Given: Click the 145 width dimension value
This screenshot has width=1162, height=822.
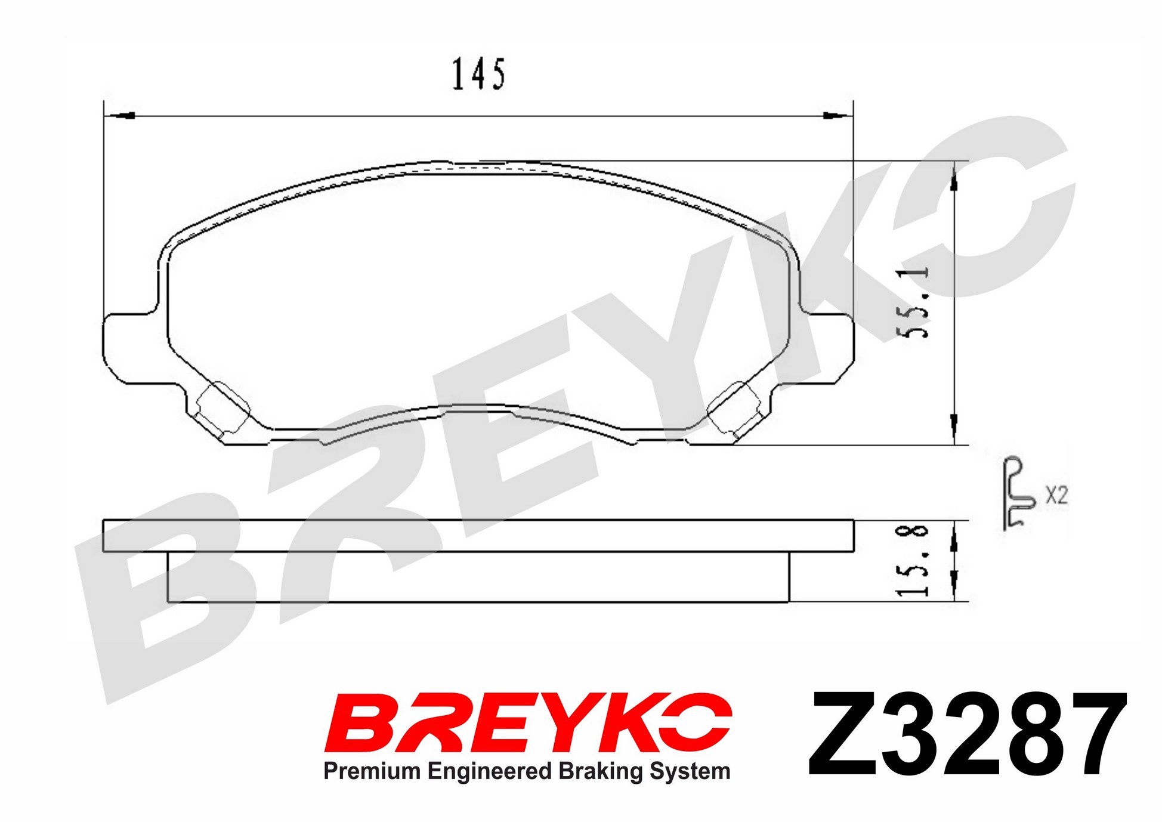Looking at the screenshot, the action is click(x=478, y=74).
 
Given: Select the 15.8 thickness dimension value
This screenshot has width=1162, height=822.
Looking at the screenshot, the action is click(x=913, y=560).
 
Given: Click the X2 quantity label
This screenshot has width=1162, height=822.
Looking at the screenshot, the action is click(x=1056, y=495).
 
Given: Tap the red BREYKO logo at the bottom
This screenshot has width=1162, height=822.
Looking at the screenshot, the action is click(x=528, y=722).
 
